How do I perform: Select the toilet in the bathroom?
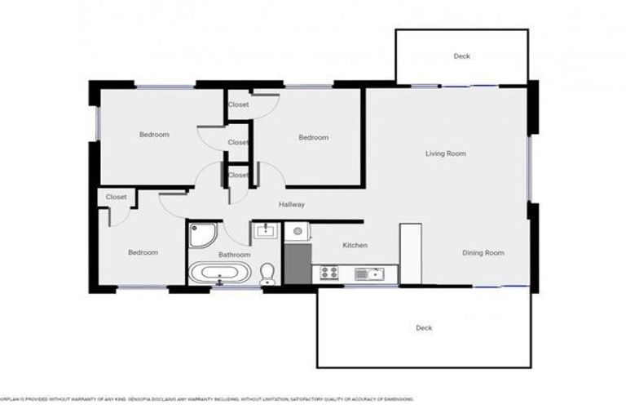(267, 274)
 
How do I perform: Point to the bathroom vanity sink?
(265, 232)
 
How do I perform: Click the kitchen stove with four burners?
(330, 273)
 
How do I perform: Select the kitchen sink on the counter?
(374, 273)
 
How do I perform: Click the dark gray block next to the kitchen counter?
(298, 265)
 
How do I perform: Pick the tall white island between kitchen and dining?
(410, 254)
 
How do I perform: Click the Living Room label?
(445, 153)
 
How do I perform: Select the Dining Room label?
(483, 253)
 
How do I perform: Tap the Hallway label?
(291, 205)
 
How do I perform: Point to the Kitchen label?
(355, 245)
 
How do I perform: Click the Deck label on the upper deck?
(461, 56)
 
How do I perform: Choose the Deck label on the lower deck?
(424, 328)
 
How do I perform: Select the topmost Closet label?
(238, 104)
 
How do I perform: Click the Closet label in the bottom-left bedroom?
(116, 197)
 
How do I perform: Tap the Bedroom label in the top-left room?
(154, 135)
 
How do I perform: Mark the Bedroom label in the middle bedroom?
(313, 137)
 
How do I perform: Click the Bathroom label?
(234, 255)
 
